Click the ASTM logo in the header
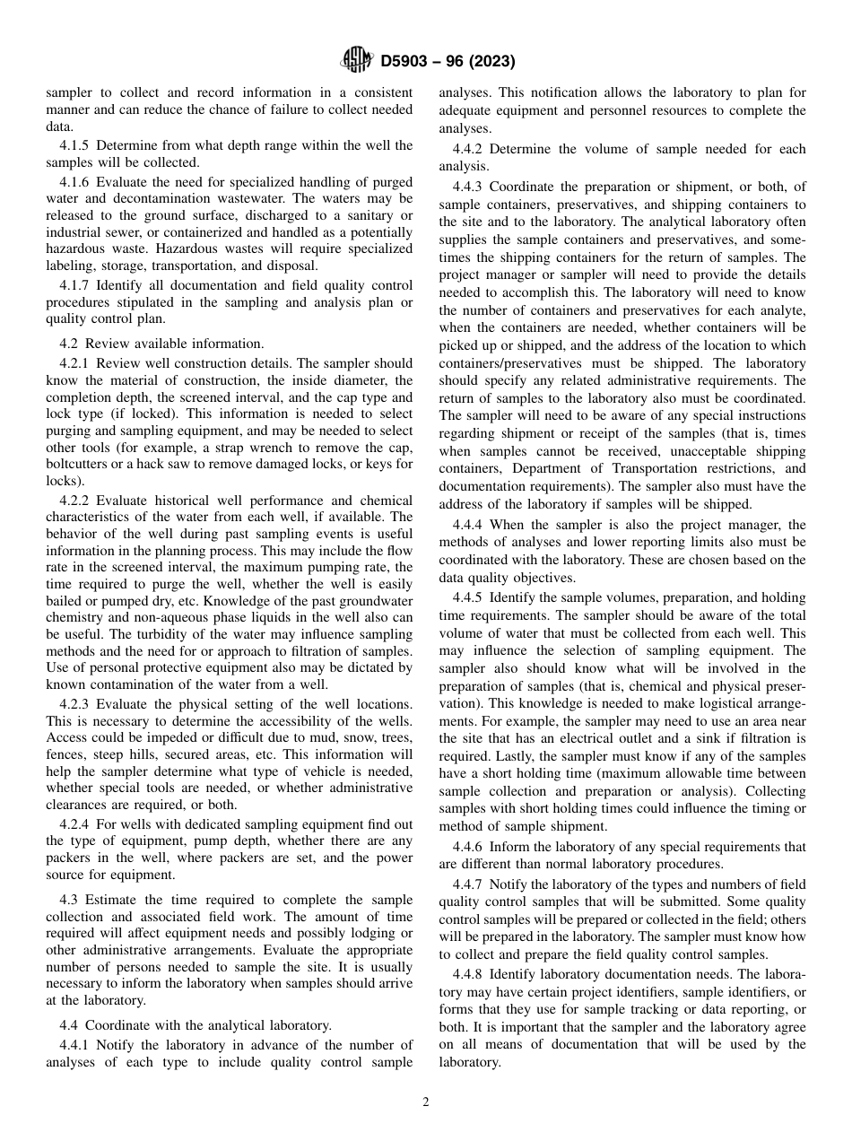point(357,62)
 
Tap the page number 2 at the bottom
point(426,1102)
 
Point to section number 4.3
point(71,900)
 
